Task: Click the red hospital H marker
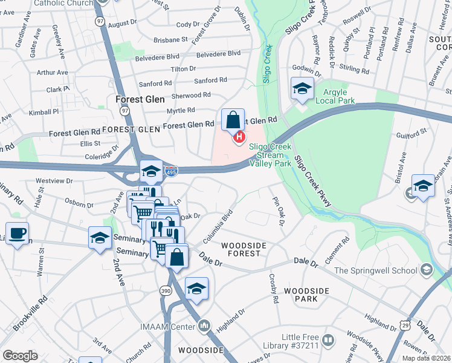click(239, 138)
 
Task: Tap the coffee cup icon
click(17, 234)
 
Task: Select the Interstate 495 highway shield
click(172, 172)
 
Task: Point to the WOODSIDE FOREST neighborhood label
click(244, 249)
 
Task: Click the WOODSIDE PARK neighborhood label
click(306, 295)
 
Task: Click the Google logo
click(21, 355)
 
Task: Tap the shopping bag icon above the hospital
click(233, 120)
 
